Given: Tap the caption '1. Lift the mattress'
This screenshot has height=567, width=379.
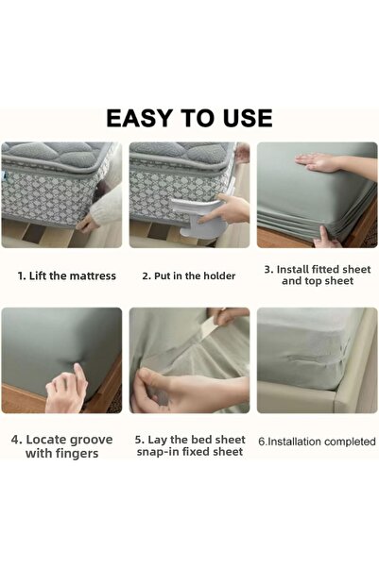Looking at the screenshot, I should click(67, 276).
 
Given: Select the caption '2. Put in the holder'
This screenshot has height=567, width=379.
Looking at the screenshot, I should click(189, 276).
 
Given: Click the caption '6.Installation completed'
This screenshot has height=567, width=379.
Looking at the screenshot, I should click(317, 441).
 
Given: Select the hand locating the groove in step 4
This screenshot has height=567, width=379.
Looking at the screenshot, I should click(68, 389).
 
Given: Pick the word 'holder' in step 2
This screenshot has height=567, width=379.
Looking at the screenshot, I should click(218, 276).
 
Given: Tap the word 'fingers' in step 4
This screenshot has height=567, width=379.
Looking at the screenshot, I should click(78, 453).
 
